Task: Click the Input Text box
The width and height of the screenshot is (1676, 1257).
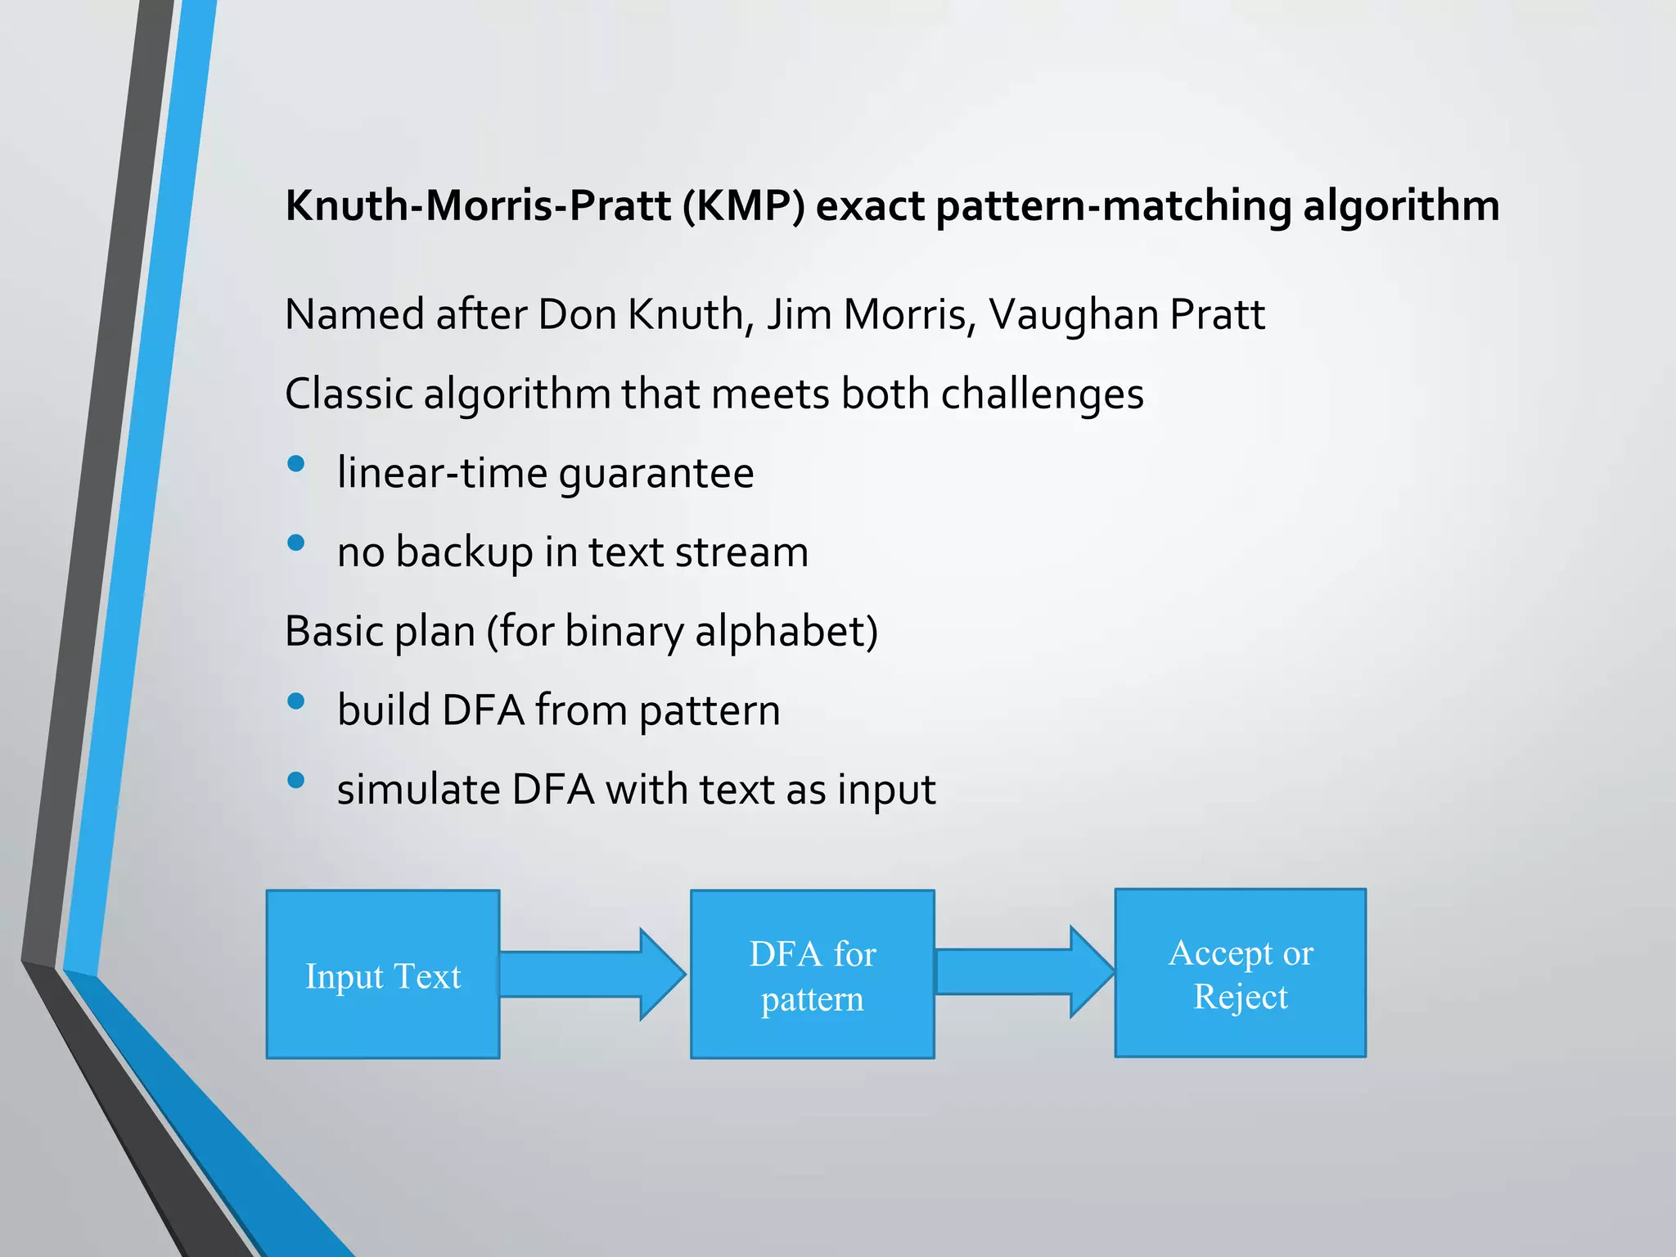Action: [x=383, y=975]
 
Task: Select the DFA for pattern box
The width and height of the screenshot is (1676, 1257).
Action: [x=812, y=975]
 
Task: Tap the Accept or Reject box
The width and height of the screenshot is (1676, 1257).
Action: [x=1240, y=973]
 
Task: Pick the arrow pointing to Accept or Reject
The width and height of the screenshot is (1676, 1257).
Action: [x=1023, y=972]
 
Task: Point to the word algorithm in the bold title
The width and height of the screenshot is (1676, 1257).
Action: [x=1400, y=205]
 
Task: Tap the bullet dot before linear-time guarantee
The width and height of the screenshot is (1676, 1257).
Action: [x=296, y=465]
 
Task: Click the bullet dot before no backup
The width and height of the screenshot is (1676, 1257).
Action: [x=296, y=543]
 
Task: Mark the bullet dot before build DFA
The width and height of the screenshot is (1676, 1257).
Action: [x=296, y=701]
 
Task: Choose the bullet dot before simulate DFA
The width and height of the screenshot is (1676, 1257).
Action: [x=296, y=781]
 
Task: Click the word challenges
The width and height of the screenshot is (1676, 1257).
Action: [x=1041, y=394]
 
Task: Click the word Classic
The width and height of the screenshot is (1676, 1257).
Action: [x=349, y=394]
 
